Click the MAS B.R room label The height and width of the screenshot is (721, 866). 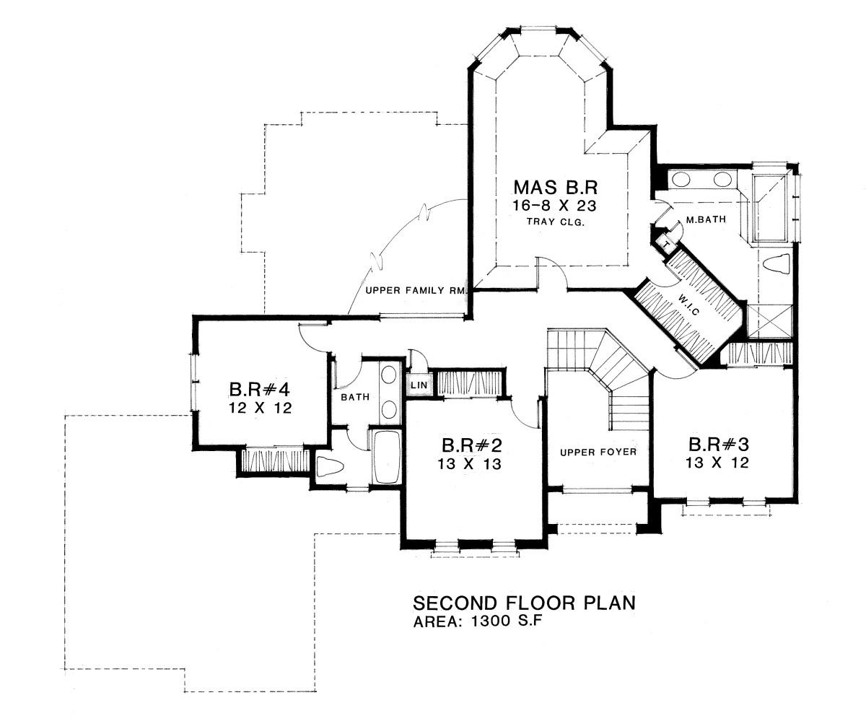coord(556,187)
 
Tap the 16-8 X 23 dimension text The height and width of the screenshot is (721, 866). coord(554,206)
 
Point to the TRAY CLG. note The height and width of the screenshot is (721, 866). coord(556,222)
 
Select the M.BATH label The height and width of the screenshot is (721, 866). coord(706,219)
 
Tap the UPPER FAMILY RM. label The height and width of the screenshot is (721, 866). coord(416,290)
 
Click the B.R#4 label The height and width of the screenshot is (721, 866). coord(260,390)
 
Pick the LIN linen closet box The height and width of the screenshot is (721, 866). coord(419,385)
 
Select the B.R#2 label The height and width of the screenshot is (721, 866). coord(471,445)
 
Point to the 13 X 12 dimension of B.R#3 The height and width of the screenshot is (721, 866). coord(717,463)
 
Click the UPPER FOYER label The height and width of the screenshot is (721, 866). coord(598,452)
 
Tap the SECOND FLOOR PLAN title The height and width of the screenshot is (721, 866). coord(524,603)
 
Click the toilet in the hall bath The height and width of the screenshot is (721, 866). coord(330,467)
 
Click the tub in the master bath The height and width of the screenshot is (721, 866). coord(770,208)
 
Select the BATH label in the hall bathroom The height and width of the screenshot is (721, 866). coord(355,397)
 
